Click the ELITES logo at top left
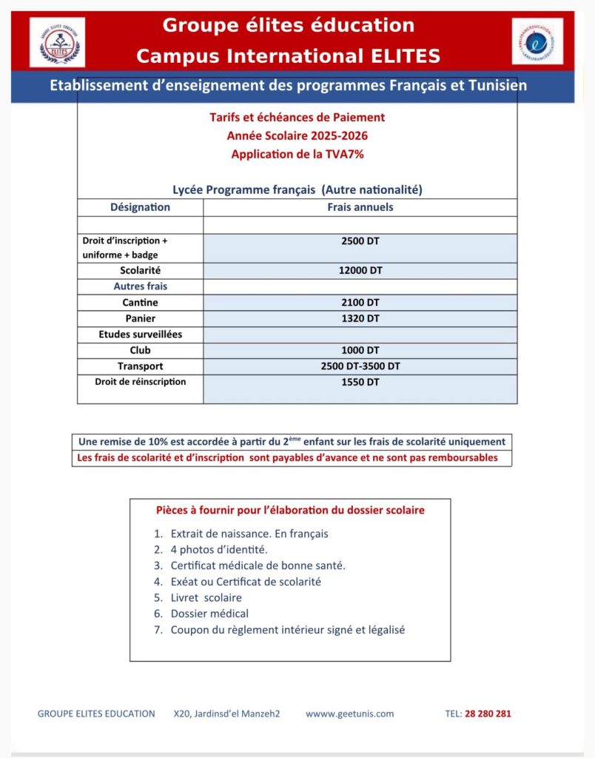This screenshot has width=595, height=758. coord(57,42)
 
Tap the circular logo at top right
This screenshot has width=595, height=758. coord(537,41)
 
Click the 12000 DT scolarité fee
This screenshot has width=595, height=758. coord(360,271)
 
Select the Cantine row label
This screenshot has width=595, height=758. coord(140,303)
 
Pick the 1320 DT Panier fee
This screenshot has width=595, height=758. coord(360,318)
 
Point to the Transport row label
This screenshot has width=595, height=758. coord(140,366)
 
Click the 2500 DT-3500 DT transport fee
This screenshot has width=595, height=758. coord(360,366)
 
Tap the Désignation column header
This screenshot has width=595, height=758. coord(140,207)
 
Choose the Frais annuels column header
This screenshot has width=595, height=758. coord(360,207)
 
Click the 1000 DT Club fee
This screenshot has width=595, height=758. coord(360,350)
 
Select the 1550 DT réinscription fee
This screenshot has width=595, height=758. coord(360,382)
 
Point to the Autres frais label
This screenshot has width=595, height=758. coord(140,286)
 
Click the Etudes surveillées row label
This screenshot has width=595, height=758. coord(140,335)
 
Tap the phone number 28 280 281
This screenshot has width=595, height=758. coord(488,714)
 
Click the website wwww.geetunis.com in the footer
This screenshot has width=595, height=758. coord(349,714)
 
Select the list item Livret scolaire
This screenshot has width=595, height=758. coord(206,597)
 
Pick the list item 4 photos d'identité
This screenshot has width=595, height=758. coord(219,549)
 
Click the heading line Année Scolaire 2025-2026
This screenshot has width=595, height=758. coord(297,135)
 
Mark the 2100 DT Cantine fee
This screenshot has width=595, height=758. coord(360,303)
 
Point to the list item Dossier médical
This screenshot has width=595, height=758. coord(209,614)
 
